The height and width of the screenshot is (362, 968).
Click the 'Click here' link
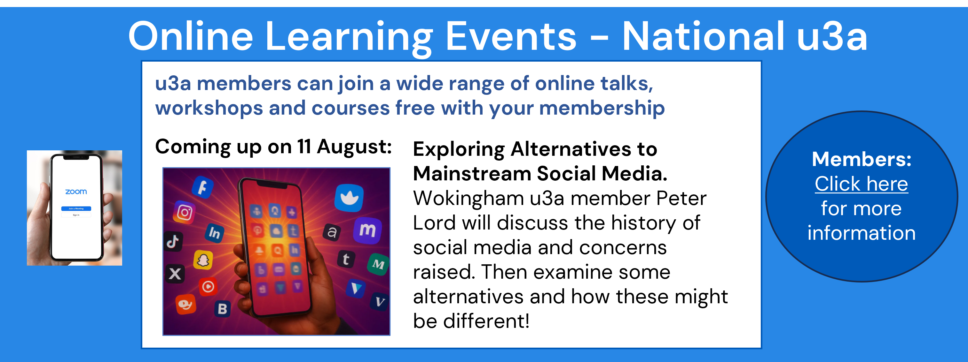[861, 184]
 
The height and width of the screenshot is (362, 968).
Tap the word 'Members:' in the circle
[862, 159]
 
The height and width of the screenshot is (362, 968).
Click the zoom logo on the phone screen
[76, 192]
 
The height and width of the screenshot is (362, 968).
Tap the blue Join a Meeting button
[76, 208]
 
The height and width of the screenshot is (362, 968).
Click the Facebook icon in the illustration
[203, 186]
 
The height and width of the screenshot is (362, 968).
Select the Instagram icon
[185, 213]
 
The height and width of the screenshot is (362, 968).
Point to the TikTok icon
[173, 241]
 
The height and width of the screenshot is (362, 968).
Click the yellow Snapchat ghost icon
[203, 260]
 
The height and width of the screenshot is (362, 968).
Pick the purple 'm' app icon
[367, 230]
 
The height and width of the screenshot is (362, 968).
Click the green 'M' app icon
[378, 264]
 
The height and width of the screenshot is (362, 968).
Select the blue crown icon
[349, 198]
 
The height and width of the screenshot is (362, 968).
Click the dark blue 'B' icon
[223, 309]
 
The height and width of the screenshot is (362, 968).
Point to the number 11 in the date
[304, 146]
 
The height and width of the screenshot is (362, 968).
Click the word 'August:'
[354, 147]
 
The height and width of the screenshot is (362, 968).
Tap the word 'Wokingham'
[468, 199]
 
